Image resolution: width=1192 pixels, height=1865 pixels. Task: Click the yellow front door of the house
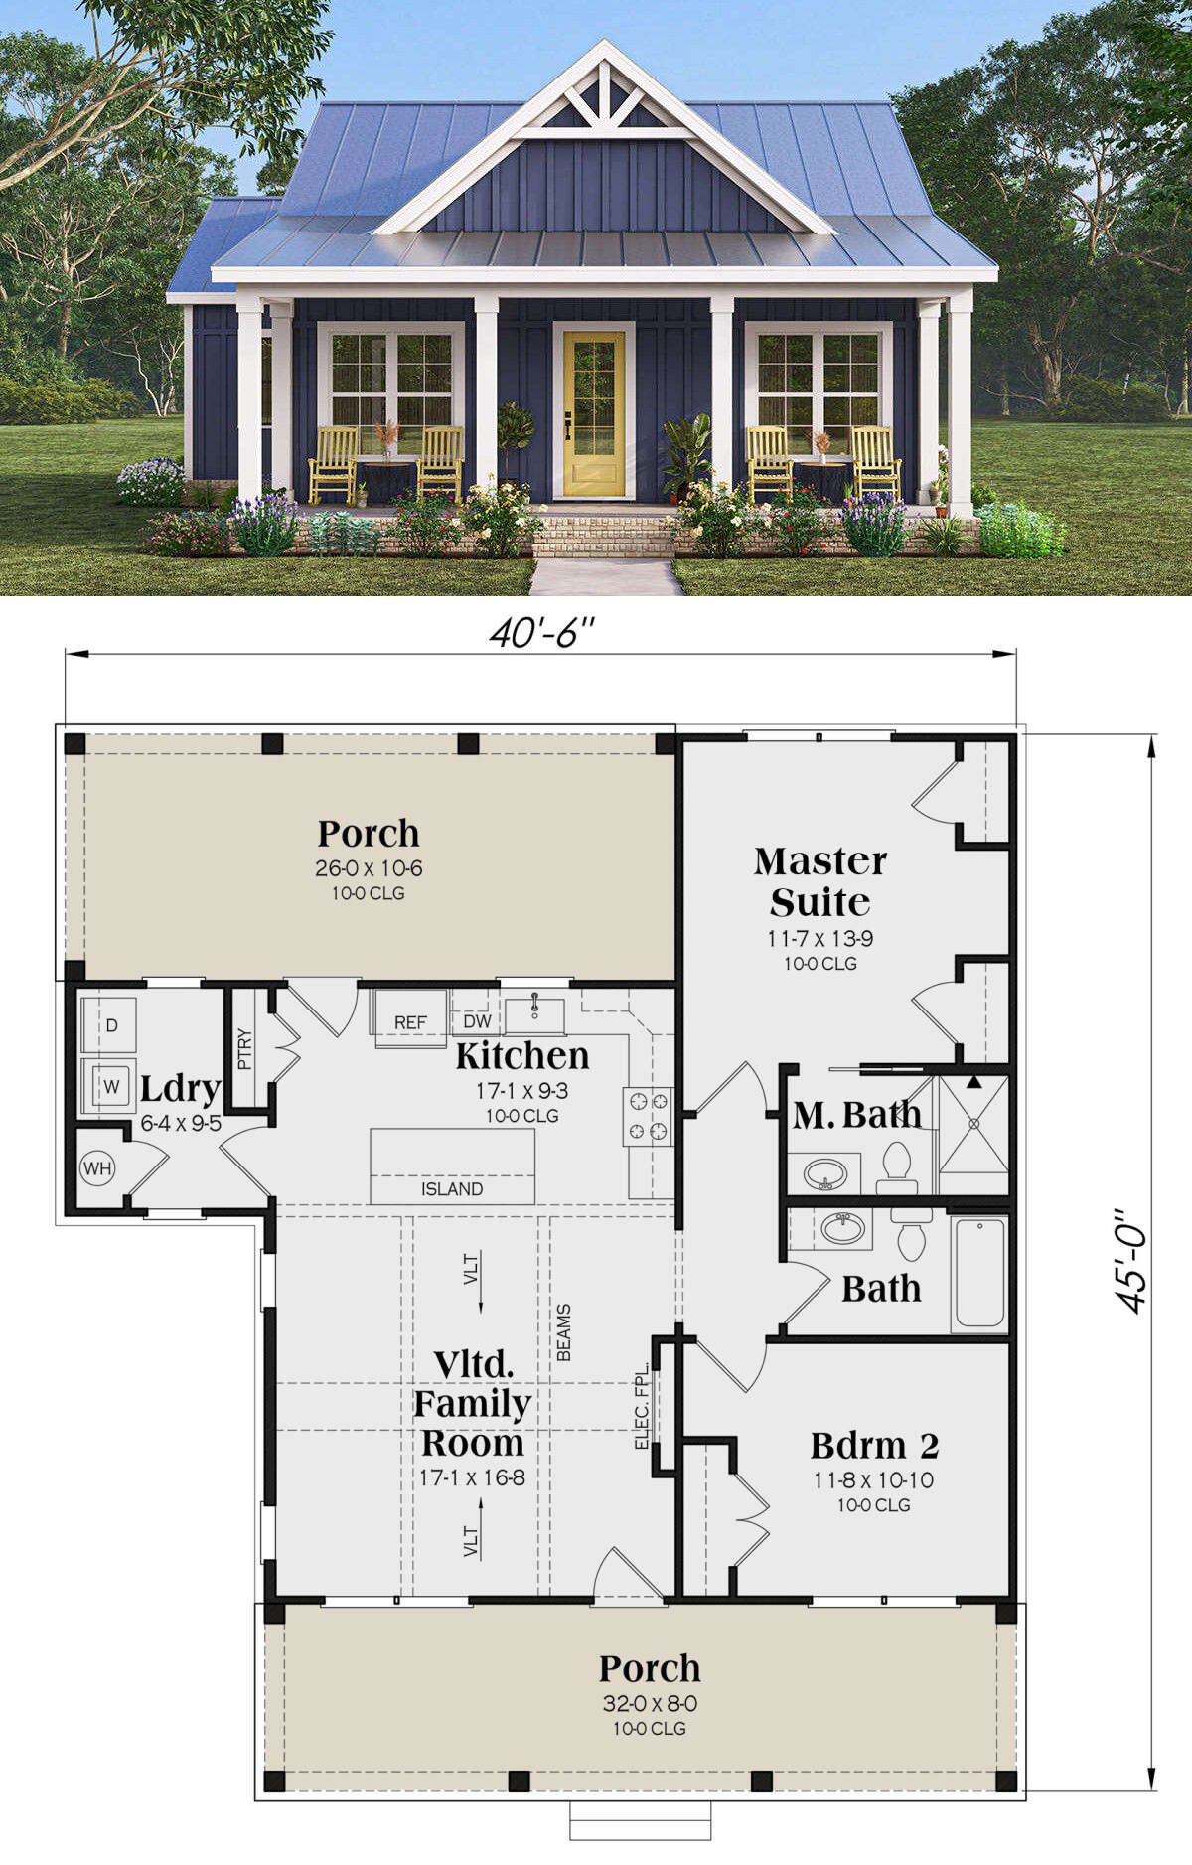[x=594, y=414]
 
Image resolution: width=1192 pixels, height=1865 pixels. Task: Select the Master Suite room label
[x=819, y=881]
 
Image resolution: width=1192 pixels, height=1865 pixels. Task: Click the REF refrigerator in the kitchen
[x=410, y=1021]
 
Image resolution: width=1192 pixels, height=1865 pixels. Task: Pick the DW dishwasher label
[x=477, y=1021]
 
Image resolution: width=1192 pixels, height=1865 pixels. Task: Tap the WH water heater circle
[x=97, y=1167]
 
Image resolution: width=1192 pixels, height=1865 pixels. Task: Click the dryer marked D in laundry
[x=111, y=1025]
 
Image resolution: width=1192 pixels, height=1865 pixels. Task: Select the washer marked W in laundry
[x=111, y=1087]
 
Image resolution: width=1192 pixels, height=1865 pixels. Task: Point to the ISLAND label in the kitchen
[x=452, y=1189]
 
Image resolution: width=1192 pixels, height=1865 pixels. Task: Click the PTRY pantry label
[x=245, y=1049]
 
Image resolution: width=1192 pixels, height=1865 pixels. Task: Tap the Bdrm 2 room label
[x=874, y=1444]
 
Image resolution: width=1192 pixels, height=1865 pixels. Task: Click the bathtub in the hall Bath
[x=979, y=1272]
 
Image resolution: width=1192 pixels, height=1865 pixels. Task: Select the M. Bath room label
[x=856, y=1115]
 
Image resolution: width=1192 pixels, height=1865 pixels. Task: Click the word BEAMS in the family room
[x=563, y=1332]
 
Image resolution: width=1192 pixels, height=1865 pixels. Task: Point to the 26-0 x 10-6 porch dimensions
[x=369, y=868]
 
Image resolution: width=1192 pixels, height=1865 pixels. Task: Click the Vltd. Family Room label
[x=472, y=1403]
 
